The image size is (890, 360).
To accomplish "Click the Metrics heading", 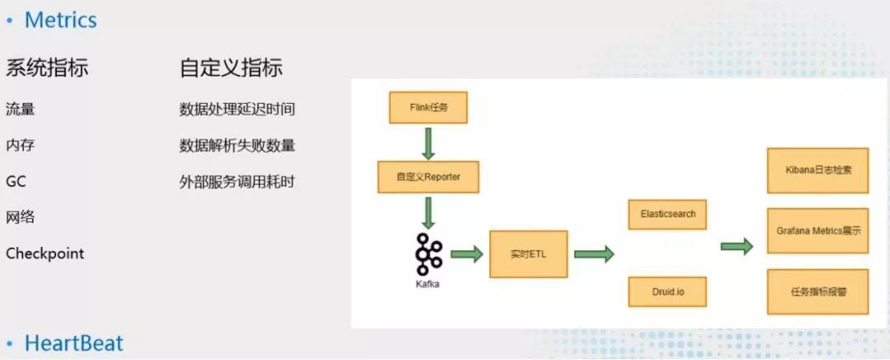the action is (61, 21).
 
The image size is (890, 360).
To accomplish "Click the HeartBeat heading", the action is (74, 344).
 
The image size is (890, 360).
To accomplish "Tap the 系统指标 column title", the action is (47, 68).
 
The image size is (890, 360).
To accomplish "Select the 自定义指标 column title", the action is (231, 68).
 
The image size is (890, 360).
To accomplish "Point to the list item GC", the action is (16, 182).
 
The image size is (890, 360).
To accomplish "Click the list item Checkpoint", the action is (44, 253).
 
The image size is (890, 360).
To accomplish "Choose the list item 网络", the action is (21, 217).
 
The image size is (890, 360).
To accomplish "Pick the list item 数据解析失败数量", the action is (237, 146).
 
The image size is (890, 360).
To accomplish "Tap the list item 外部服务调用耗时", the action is (237, 182).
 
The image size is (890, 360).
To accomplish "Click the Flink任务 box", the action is (428, 107).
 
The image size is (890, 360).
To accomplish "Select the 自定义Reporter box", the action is (429, 177).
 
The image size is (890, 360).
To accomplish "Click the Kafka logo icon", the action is (428, 254).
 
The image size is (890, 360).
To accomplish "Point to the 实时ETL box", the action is (528, 254).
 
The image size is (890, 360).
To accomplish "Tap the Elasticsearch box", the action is (667, 215).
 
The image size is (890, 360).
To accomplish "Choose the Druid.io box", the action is (667, 292).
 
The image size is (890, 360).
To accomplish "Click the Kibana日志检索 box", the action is (818, 171).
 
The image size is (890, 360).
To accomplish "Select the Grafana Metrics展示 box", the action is (818, 231).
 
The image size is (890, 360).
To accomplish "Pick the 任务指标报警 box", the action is (818, 292).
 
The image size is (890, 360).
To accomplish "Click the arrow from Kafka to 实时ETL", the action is (467, 254).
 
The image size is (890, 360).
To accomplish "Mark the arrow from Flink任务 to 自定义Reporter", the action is (429, 143).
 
